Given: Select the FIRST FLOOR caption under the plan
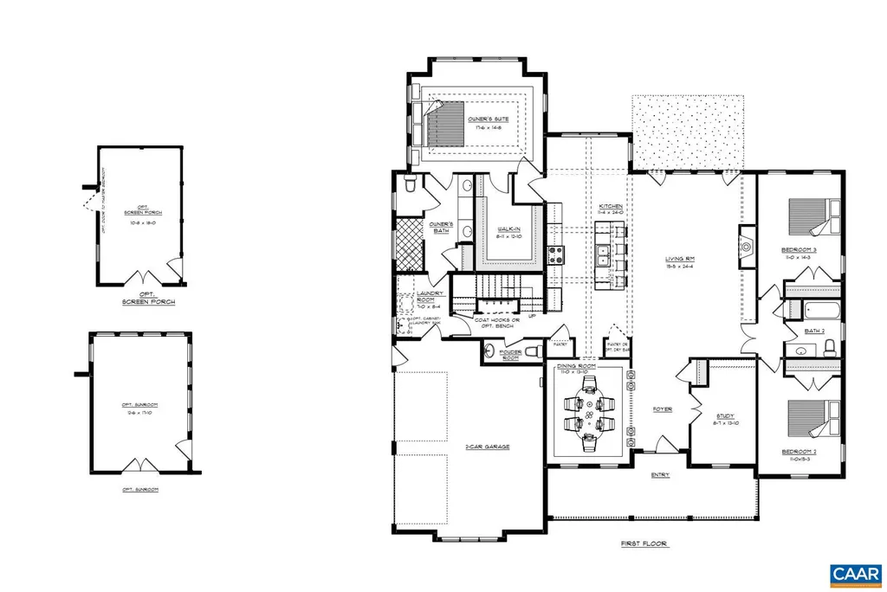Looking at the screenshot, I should pos(644,544).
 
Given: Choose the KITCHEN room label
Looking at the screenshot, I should pos(609,207).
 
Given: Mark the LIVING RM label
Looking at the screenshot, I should pos(680,259).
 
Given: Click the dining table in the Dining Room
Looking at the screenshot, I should pos(589,414).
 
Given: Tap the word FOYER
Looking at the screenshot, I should pos(662,409).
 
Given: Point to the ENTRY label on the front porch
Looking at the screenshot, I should pos(661,475).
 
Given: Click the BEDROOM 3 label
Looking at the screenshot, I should pos(787,250).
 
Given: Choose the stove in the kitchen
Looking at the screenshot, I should pos(556,254).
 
